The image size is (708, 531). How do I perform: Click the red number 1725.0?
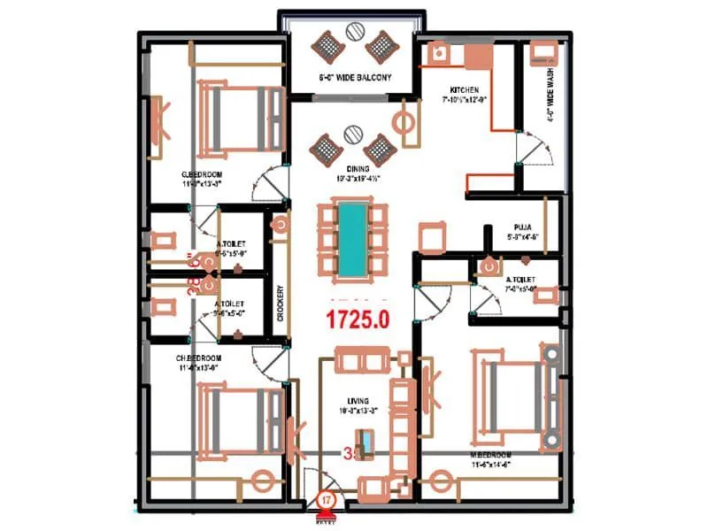point(358,318)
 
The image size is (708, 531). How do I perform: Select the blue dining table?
point(353,238)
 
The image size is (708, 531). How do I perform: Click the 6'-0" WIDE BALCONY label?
point(355,78)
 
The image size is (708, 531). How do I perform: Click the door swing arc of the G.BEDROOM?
point(268,184)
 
